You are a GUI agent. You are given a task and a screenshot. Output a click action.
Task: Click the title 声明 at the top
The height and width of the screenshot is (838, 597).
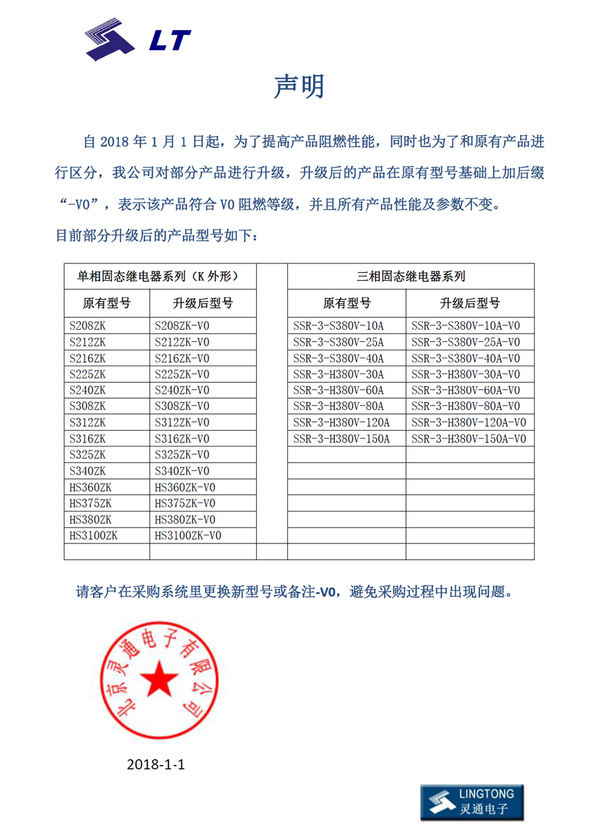[x=299, y=87]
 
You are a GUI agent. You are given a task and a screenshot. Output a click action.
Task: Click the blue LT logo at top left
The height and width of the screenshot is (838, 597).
[x=138, y=40]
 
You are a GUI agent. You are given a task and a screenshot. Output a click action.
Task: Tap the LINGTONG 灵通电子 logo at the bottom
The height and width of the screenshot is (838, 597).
[x=472, y=802]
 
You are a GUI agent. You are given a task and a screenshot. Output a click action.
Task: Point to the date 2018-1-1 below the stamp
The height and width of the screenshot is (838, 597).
[x=155, y=764]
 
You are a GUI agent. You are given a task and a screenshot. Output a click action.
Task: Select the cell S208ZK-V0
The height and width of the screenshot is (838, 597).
[x=182, y=326]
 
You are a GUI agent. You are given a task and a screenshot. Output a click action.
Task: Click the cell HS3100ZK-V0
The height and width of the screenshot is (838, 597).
[x=188, y=535]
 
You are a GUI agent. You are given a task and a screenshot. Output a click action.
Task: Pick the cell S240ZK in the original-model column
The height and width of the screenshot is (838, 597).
[x=88, y=390]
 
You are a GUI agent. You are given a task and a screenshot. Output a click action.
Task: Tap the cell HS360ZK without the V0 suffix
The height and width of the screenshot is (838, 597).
[x=90, y=488]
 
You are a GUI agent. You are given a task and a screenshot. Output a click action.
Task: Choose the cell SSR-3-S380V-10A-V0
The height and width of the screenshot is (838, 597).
[x=466, y=326]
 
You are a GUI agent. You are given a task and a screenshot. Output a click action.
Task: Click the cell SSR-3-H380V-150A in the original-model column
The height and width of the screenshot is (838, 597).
[x=341, y=439]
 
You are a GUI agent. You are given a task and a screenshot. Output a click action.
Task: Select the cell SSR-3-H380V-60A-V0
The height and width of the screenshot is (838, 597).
[x=466, y=390]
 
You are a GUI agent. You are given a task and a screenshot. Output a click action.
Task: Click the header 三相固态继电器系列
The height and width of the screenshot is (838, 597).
[x=411, y=276]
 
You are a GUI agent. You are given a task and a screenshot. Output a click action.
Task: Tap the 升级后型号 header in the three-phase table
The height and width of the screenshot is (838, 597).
[x=470, y=303]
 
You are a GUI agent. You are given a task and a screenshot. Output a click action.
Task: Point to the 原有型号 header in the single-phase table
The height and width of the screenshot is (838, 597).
[x=106, y=303]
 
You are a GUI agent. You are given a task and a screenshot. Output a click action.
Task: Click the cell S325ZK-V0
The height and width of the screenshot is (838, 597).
[x=182, y=455]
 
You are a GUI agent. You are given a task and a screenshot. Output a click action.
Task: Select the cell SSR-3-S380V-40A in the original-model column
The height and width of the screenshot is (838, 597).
[x=338, y=358]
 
